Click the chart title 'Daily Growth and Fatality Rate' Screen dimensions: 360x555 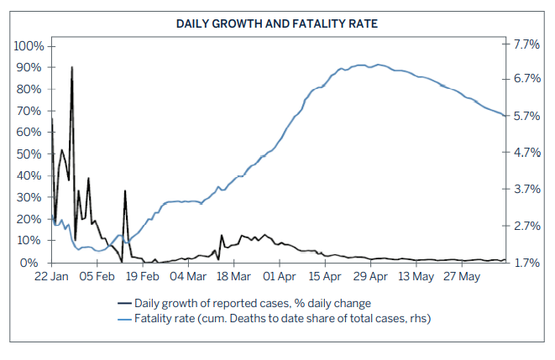click(x=277, y=23)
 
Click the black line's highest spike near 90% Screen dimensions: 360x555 click(x=71, y=67)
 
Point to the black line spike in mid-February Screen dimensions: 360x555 click(x=125, y=191)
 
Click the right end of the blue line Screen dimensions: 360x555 click(x=505, y=116)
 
